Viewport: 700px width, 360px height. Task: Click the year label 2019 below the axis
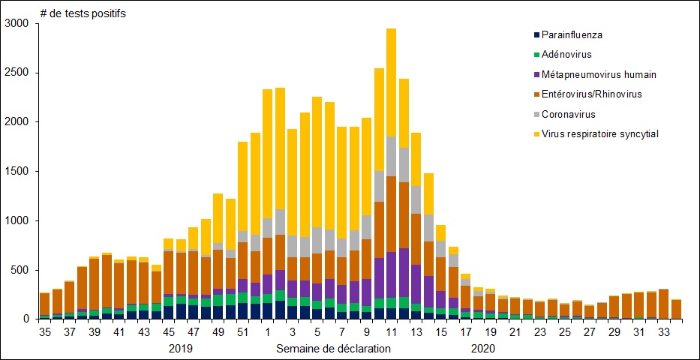[181, 349]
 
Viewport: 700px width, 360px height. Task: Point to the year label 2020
[483, 349]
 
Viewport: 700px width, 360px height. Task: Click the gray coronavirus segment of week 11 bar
[391, 156]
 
